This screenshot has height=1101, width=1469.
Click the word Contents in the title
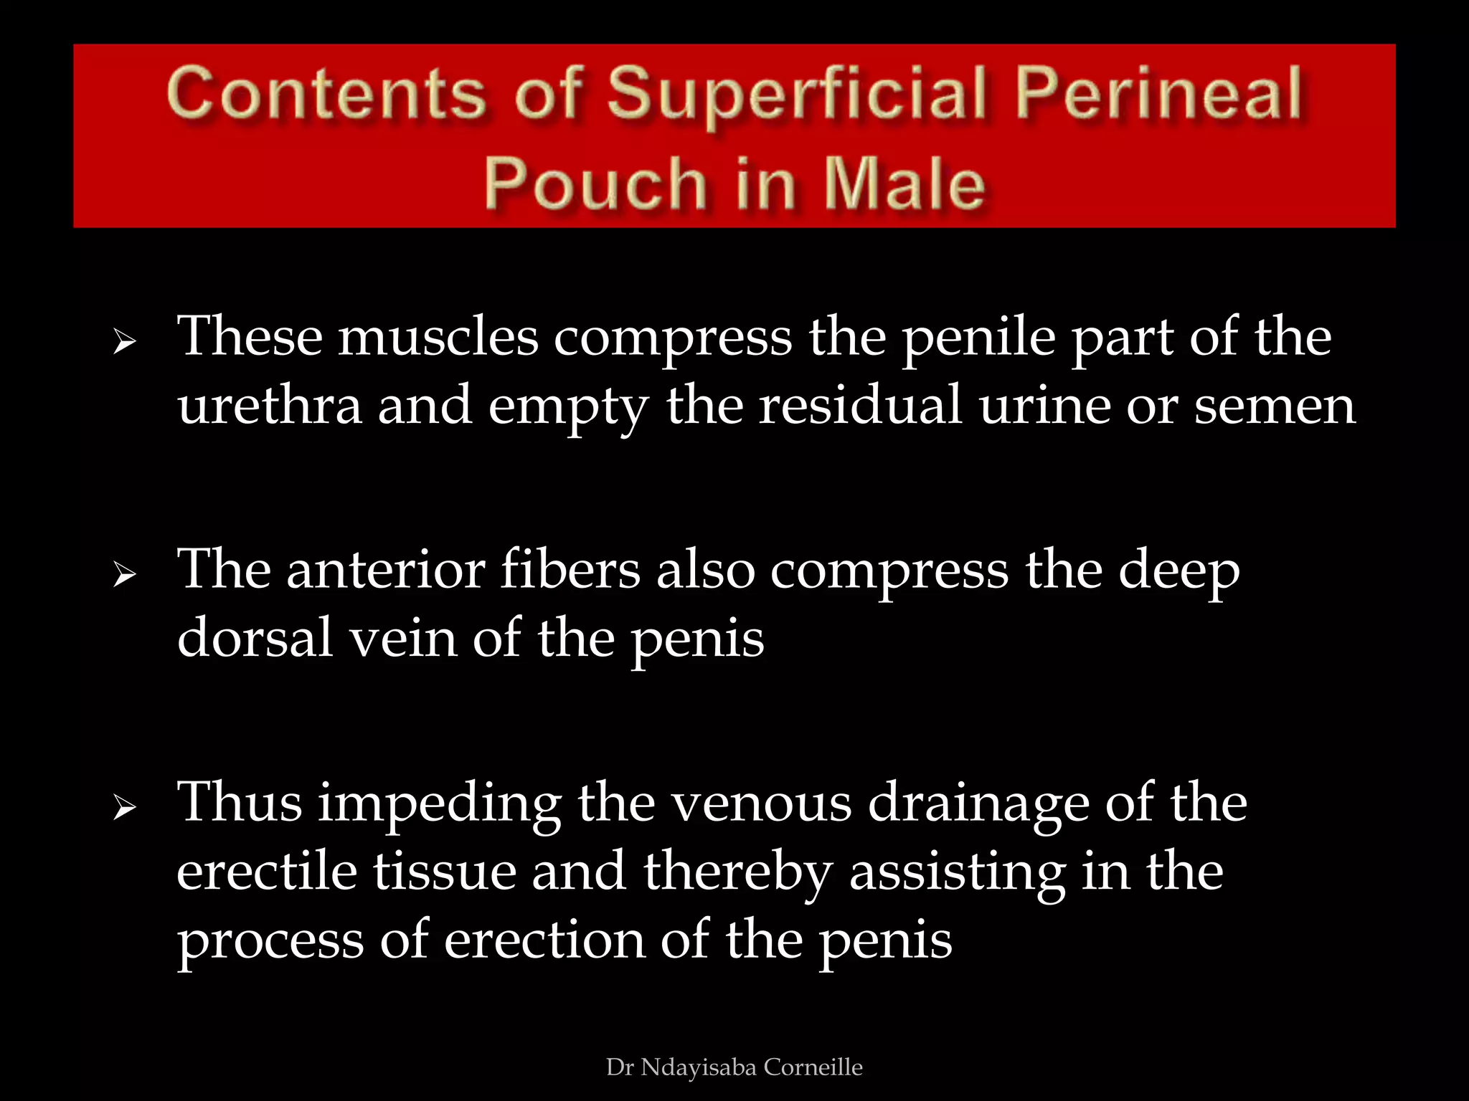click(x=325, y=93)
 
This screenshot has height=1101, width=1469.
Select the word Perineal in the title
click(x=1158, y=93)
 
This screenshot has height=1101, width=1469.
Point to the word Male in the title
click(x=905, y=184)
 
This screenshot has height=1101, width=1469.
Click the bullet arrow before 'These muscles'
click(x=124, y=342)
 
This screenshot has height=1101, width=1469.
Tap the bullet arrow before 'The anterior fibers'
click(x=124, y=575)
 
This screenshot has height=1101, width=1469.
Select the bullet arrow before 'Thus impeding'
click(x=124, y=808)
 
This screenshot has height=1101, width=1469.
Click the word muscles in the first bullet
click(x=438, y=337)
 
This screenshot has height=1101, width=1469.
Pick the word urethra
click(x=270, y=406)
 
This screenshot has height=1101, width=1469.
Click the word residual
click(x=859, y=406)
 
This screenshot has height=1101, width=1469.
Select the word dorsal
click(x=255, y=638)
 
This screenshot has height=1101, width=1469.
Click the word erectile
click(x=267, y=872)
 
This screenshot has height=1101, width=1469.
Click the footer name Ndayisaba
click(x=698, y=1067)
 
